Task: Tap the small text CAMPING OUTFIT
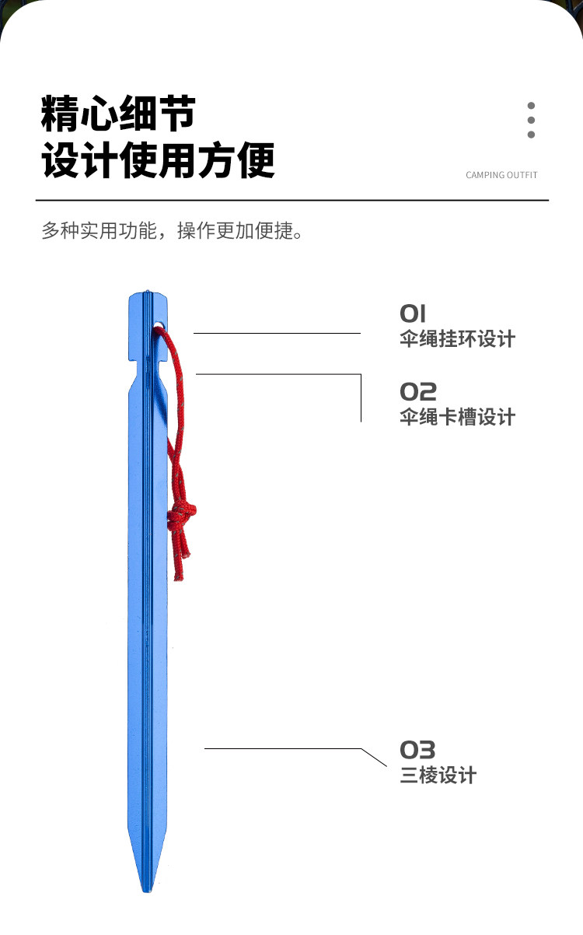(501, 175)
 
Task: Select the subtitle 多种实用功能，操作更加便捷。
(172, 231)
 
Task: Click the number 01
(413, 314)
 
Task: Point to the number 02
(418, 391)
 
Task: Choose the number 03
(417, 750)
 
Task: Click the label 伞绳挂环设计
(457, 339)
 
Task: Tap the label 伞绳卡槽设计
(457, 417)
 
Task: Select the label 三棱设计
(438, 776)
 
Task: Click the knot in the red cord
(182, 515)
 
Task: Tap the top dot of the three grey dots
(532, 106)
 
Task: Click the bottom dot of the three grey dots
(532, 135)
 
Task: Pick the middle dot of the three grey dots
(532, 120)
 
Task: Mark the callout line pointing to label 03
(295, 750)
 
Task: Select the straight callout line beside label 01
(277, 333)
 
